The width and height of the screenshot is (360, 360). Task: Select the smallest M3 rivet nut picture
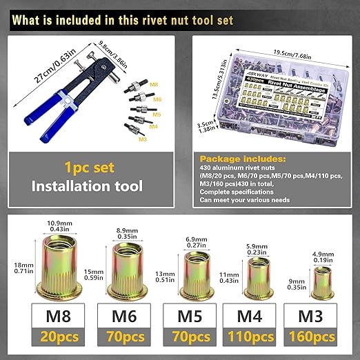pyautogui.click(x=319, y=281)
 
